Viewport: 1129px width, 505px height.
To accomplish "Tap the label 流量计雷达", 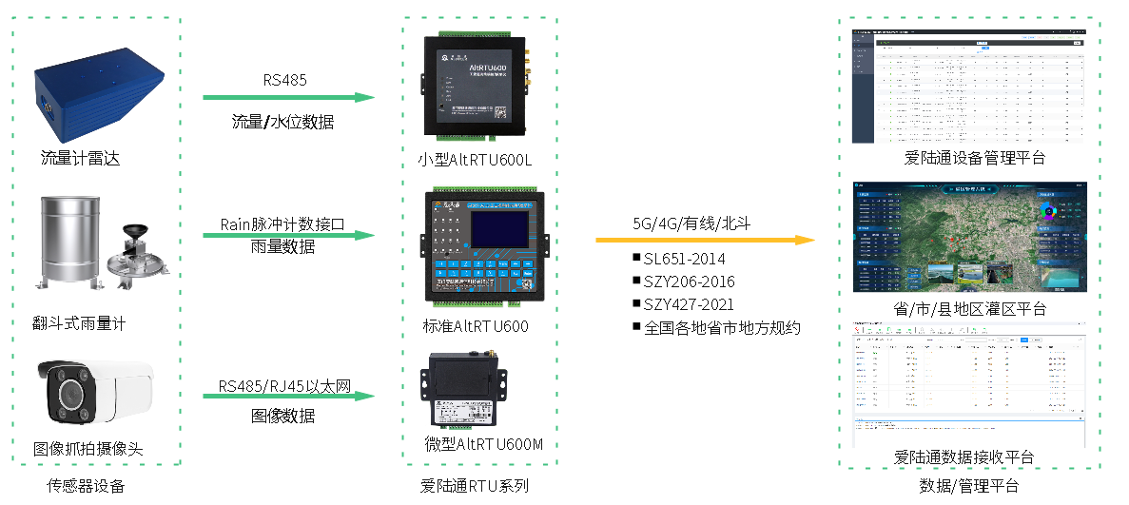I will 80,158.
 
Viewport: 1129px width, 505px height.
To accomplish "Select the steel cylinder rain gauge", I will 68,243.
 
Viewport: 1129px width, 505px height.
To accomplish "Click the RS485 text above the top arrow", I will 285,80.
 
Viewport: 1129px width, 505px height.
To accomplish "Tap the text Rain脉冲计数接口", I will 282,223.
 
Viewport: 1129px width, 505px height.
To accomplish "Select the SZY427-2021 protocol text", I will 683,304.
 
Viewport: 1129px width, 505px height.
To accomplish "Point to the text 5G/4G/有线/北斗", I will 689,223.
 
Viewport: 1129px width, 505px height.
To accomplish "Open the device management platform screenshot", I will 968,86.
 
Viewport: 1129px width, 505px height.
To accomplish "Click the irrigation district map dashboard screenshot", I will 968,238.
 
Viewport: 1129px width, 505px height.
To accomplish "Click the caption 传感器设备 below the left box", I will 87,487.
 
